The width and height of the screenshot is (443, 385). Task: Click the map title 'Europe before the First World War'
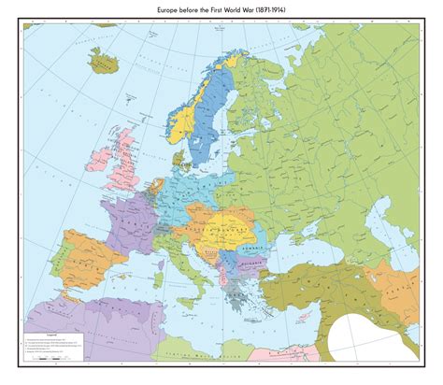pyautogui.click(x=221, y=8)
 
